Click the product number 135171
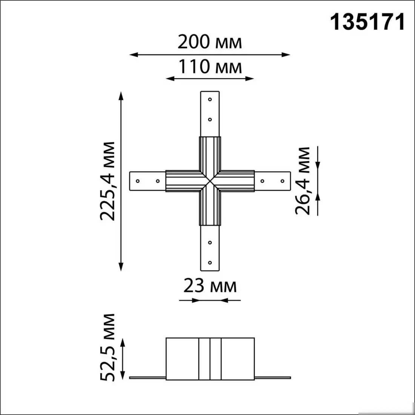pos(367,23)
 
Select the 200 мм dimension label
pos(210,42)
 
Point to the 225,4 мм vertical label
pos(108,181)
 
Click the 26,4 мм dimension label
pos(302,180)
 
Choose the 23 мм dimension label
pos(210,286)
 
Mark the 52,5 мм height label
pos(108,347)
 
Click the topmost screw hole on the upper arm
pos(210,100)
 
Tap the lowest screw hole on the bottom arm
pos(210,263)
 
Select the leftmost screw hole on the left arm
pos(138,181)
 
